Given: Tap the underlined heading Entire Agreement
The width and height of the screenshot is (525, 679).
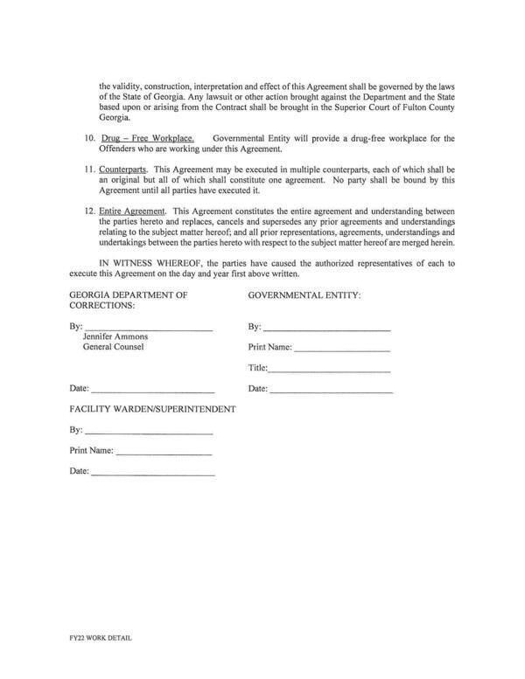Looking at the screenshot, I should click(x=133, y=211).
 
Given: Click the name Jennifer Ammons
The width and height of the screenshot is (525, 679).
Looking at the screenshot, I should click(x=115, y=336).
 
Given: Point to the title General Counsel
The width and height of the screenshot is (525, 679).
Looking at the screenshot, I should click(x=113, y=347).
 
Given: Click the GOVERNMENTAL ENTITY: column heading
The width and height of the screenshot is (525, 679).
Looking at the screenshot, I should click(x=304, y=295).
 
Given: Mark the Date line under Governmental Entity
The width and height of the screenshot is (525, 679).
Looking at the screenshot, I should click(x=331, y=390).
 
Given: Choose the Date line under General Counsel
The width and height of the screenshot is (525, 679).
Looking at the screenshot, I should click(x=152, y=390).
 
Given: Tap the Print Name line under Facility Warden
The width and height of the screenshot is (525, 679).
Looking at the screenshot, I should click(x=164, y=453).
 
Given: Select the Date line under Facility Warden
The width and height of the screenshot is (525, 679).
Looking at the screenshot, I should click(x=152, y=473).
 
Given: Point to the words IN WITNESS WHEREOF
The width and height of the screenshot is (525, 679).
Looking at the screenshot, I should click(x=141, y=262).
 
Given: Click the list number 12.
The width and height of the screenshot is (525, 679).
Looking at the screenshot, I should click(x=89, y=211).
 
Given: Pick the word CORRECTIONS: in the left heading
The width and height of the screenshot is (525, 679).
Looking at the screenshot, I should click(x=101, y=307).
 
